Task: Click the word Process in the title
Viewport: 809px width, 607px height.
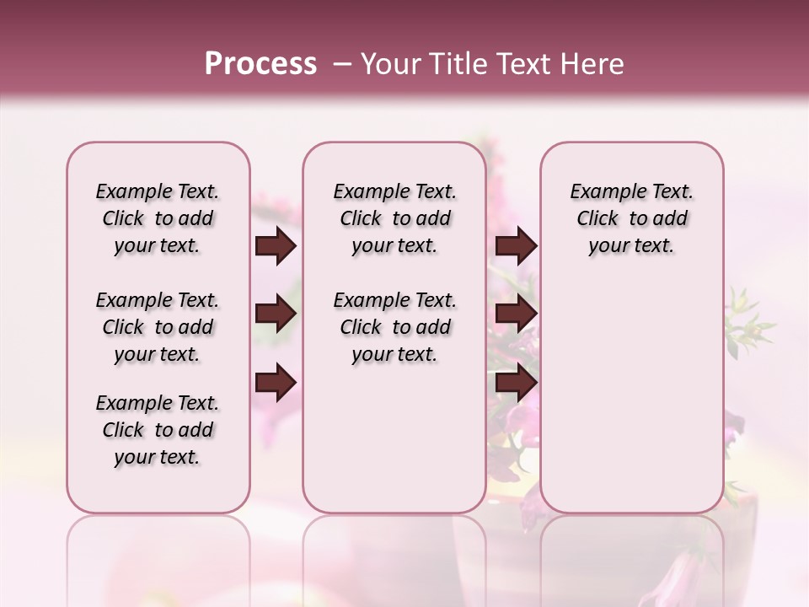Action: point(260,64)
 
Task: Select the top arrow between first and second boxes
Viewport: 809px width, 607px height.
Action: point(276,246)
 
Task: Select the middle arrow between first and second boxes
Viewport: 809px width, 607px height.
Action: point(276,314)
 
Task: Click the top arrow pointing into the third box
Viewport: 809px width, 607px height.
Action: point(516,246)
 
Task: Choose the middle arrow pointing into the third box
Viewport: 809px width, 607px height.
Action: point(516,314)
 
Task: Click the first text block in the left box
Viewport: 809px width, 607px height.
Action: point(158,218)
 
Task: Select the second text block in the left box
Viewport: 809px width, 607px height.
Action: point(158,327)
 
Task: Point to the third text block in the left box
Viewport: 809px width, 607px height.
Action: point(158,430)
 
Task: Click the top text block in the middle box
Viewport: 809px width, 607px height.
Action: point(394,218)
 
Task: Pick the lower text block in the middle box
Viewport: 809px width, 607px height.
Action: point(394,327)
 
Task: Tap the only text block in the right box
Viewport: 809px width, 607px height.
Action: point(631,218)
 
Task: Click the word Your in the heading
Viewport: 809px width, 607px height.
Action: point(392,64)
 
